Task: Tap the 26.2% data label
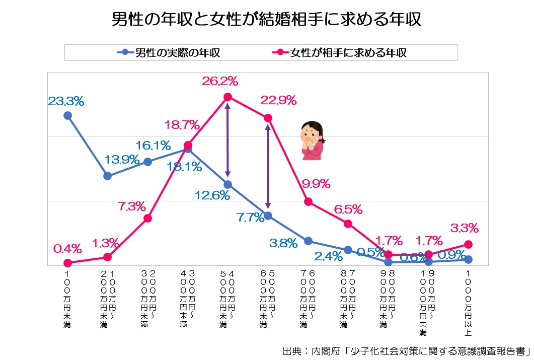coord(220,81)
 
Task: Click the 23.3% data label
coord(66,101)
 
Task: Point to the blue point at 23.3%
coord(67,115)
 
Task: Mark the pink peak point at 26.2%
coord(227,97)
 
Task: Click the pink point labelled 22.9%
coord(268,118)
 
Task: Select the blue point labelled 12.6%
coord(227,184)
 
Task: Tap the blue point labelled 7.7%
coord(268,215)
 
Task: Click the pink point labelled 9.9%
coord(308,201)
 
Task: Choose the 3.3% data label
coord(465,228)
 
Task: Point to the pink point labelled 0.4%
coord(67,263)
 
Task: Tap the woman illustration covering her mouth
coord(312,141)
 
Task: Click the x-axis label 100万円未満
coord(67,299)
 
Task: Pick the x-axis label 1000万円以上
coord(469,302)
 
